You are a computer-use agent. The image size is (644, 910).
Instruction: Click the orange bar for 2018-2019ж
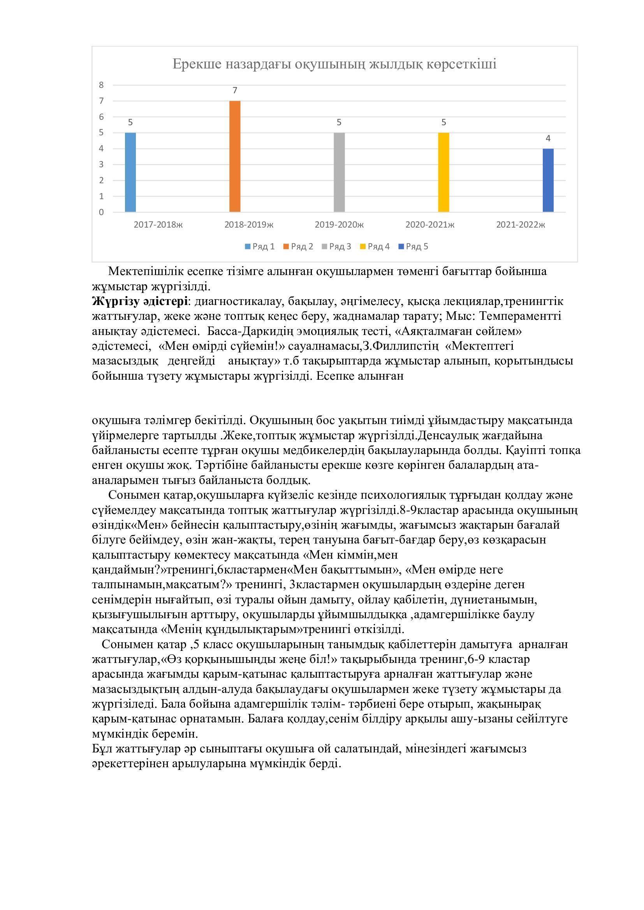pyautogui.click(x=235, y=156)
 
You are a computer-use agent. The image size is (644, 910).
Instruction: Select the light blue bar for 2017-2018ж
pyautogui.click(x=130, y=172)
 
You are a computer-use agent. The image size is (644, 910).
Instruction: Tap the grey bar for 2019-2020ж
pyautogui.click(x=339, y=172)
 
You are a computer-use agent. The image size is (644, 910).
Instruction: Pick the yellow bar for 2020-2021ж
pyautogui.click(x=443, y=172)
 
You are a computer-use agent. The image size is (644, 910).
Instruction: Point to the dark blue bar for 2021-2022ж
pyautogui.click(x=548, y=181)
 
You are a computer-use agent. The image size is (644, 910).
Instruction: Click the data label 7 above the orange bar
pyautogui.click(x=235, y=91)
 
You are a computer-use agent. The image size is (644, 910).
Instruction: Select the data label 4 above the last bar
pyautogui.click(x=548, y=139)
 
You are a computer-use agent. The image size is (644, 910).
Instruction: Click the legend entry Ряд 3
pyautogui.click(x=337, y=247)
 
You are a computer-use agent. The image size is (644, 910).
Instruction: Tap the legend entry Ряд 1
pyautogui.click(x=260, y=247)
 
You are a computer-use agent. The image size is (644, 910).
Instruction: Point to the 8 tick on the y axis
pyautogui.click(x=102, y=85)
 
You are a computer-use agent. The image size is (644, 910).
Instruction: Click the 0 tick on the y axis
pyautogui.click(x=102, y=212)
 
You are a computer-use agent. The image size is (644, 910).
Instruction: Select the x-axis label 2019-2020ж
pyautogui.click(x=339, y=225)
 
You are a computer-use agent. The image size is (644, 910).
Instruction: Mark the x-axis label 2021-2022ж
pyautogui.click(x=520, y=225)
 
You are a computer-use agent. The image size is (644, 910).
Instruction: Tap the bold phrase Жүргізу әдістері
pyautogui.click(x=140, y=302)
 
